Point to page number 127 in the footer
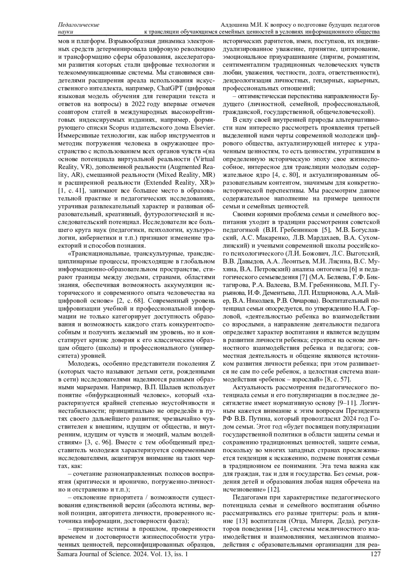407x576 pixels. [x=375, y=554]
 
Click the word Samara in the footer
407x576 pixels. [x=67, y=554]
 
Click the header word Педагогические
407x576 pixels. [x=79, y=25]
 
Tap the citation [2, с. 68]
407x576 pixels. [x=131, y=300]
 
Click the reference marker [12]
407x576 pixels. [x=274, y=489]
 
